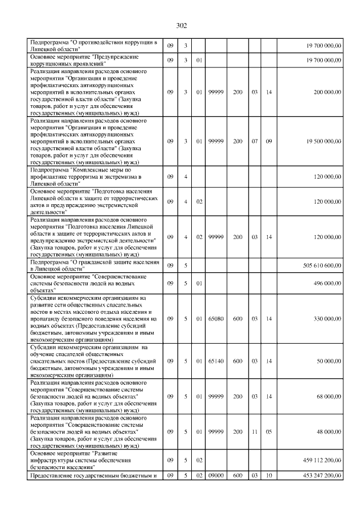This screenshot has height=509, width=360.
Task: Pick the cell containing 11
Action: [x=255, y=432]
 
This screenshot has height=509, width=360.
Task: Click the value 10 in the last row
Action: [x=269, y=476]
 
